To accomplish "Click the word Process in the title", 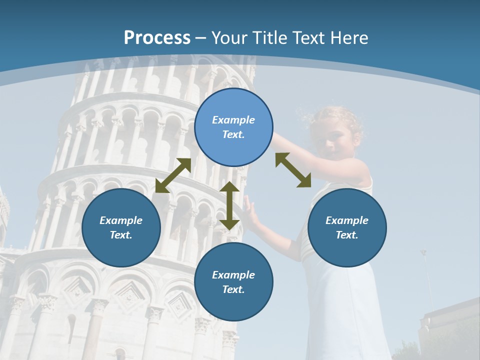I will [157, 38].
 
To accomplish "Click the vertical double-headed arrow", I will [229, 206].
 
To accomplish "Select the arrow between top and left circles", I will [173, 175].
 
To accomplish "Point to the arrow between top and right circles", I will [293, 170].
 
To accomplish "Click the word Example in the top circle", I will [233, 120].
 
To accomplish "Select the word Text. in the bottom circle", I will [233, 289].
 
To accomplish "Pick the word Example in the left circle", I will [121, 220].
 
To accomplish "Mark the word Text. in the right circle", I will [347, 235].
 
